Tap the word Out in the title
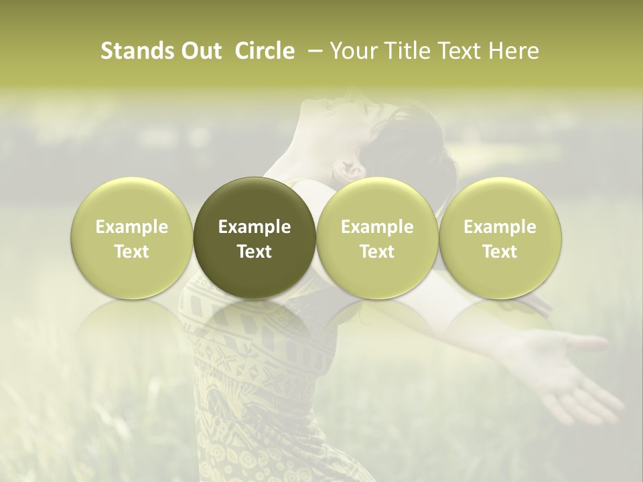click(200, 51)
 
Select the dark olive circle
click(254, 238)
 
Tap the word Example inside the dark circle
click(254, 227)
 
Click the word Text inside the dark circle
click(254, 252)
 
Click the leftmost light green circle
click(131, 238)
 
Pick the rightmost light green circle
click(500, 238)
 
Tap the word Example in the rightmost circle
click(500, 227)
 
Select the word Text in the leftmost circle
click(131, 252)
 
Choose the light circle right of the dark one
click(377, 238)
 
